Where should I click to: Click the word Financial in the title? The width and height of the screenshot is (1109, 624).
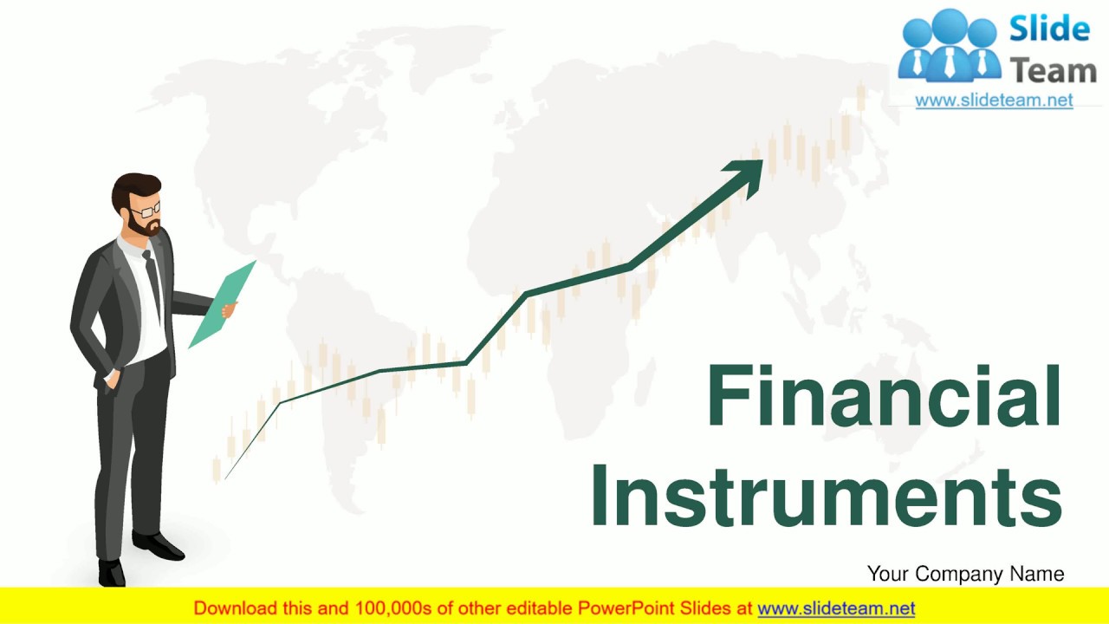coord(884,397)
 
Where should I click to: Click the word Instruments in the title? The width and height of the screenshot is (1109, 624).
coord(827,496)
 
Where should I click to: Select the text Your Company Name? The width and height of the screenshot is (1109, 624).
coord(965,574)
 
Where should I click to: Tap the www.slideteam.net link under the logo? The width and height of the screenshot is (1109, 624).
coord(994,101)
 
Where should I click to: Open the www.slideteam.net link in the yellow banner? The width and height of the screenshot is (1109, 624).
coord(836,608)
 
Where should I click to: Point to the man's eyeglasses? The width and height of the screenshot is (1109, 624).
coord(146,210)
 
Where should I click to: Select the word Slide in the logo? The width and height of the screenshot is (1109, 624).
coord(1048,29)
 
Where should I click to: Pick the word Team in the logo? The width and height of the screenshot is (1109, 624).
coord(1053,70)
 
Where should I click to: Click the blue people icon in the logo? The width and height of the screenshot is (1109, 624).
coord(948,49)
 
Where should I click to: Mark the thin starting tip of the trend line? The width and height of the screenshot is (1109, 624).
coord(227,477)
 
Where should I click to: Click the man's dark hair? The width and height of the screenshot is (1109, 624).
coord(134,186)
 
